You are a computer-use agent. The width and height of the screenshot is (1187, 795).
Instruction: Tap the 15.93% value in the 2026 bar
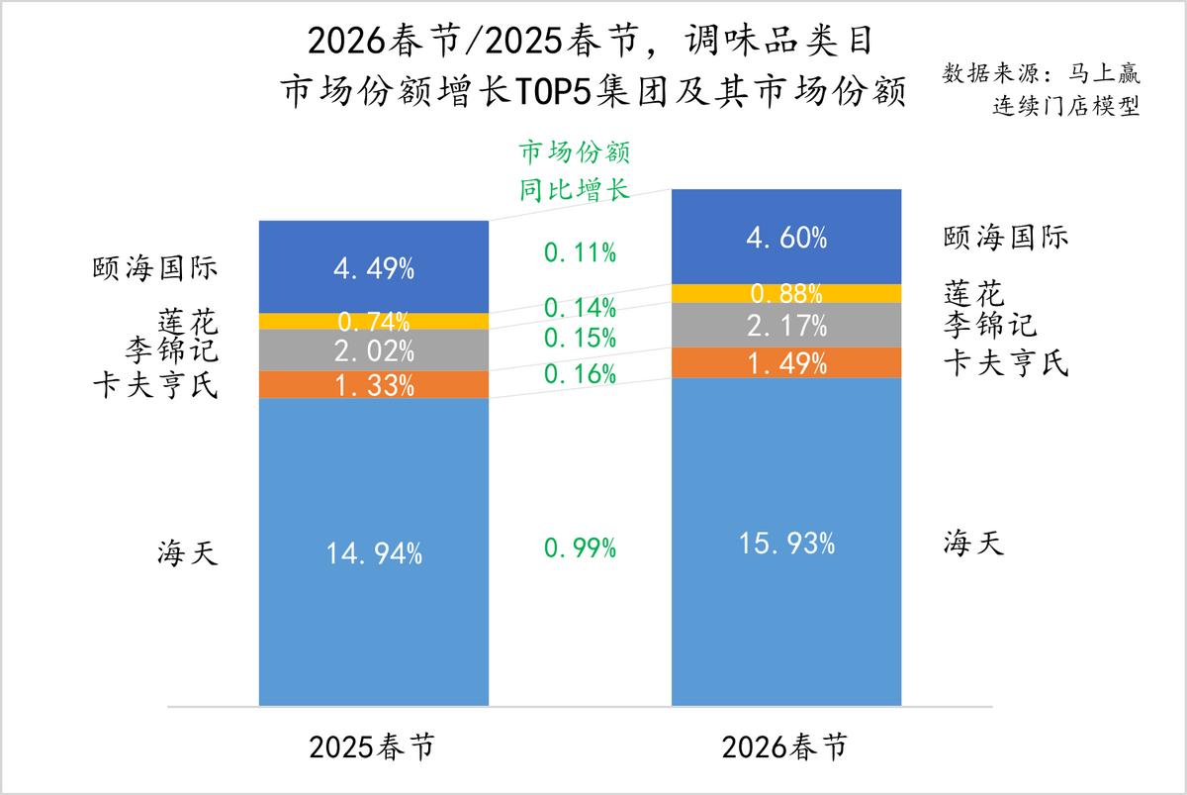(786, 545)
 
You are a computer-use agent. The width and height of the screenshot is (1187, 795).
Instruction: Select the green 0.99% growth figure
(581, 548)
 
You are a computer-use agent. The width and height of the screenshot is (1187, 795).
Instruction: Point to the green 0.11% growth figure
(581, 252)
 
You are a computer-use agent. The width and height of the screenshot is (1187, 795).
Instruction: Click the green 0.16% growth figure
(581, 374)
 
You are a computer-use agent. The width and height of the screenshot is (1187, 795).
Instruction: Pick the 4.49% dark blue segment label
(374, 268)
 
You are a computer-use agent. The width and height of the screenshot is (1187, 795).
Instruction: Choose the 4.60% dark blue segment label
(786, 238)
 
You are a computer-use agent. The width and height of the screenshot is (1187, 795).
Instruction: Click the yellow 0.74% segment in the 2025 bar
(374, 321)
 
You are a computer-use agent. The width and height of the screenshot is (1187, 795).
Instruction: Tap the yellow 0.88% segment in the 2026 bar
(786, 294)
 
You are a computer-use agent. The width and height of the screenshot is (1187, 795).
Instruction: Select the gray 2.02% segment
(374, 350)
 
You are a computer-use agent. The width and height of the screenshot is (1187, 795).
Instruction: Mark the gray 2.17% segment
(786, 325)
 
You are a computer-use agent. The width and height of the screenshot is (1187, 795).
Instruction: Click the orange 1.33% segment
(374, 385)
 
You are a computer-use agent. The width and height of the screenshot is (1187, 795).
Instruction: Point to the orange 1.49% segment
(786, 363)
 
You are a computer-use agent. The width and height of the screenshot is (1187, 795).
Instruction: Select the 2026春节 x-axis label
(785, 747)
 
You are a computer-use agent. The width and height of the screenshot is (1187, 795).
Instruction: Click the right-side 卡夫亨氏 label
(1005, 363)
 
